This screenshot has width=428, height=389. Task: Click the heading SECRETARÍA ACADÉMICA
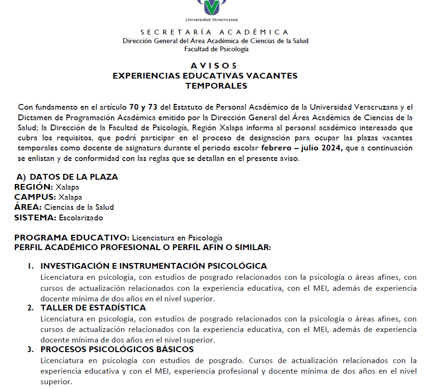(x=215, y=32)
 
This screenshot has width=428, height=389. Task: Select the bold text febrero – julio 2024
(x=303, y=148)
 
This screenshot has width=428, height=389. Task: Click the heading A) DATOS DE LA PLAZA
(x=67, y=177)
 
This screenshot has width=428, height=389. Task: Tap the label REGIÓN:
(x=34, y=187)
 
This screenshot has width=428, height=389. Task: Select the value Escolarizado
(x=81, y=218)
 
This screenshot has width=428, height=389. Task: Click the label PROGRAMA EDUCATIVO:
(x=72, y=238)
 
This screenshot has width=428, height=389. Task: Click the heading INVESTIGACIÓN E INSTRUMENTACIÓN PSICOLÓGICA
(x=153, y=266)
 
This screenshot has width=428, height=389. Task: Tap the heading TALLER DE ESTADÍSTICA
(x=93, y=308)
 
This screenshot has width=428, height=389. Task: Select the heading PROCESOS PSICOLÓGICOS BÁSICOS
(x=117, y=349)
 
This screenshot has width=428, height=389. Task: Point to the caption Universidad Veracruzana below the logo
(x=212, y=20)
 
